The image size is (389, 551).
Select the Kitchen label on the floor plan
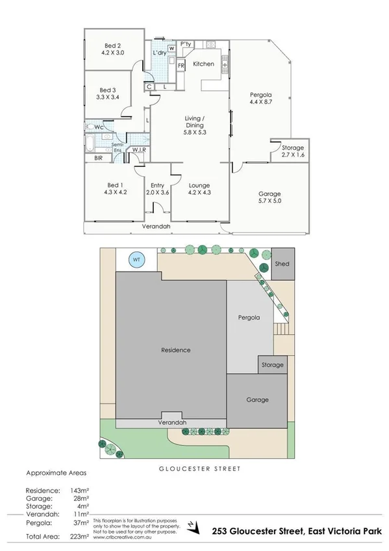click(203, 64)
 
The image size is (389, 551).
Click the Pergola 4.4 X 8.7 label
click(262, 101)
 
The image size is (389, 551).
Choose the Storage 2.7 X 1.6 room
click(287, 152)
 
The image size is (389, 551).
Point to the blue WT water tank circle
click(136, 259)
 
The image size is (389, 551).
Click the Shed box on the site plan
click(282, 264)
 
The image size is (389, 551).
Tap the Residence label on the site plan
click(176, 350)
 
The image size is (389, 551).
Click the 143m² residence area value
click(79, 491)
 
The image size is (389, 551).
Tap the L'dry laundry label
click(158, 53)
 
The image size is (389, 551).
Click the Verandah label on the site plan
click(173, 422)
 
